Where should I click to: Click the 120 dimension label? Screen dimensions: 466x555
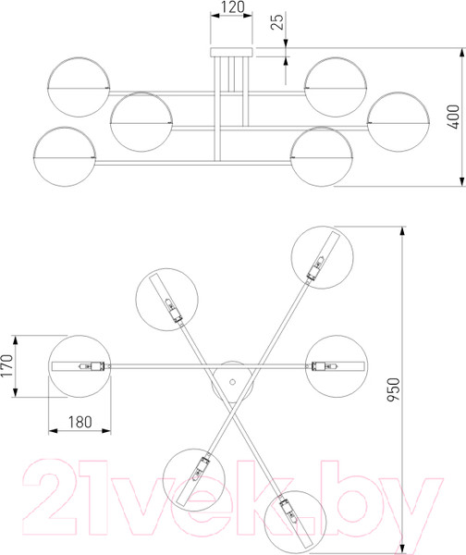[232, 6]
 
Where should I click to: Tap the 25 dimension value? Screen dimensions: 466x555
[277, 21]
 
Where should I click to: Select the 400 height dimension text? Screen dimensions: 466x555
[453, 117]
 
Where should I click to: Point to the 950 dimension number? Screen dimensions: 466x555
[393, 389]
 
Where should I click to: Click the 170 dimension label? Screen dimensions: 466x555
[6, 365]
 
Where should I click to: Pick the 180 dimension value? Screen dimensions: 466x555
[80, 422]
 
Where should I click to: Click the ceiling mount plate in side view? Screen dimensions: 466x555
[232, 52]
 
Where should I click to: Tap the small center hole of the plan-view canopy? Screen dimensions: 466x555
[232, 382]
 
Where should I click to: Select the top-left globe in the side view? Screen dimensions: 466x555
[79, 87]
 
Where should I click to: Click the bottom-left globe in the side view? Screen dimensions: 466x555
[65, 156]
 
